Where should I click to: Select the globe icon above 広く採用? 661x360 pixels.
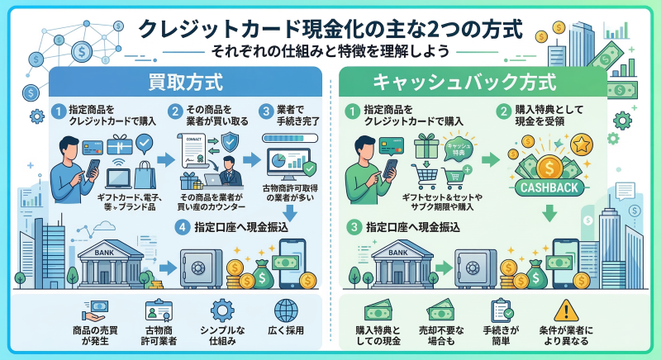click(284, 310)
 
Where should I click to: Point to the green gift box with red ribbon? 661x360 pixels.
click(427, 149)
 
